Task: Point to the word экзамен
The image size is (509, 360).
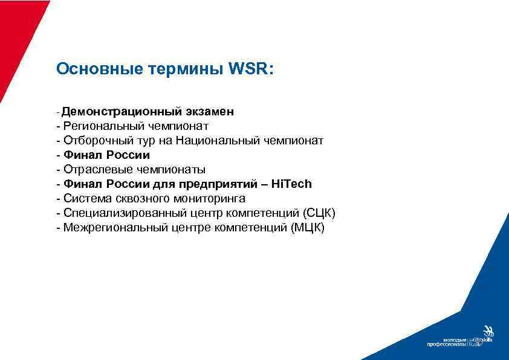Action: coord(210,112)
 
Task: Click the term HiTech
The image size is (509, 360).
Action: coord(292,184)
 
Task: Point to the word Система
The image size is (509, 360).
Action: coord(82,199)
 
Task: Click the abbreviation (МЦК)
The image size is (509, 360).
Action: coord(307,228)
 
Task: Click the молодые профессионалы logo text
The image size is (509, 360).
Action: coord(447,342)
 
